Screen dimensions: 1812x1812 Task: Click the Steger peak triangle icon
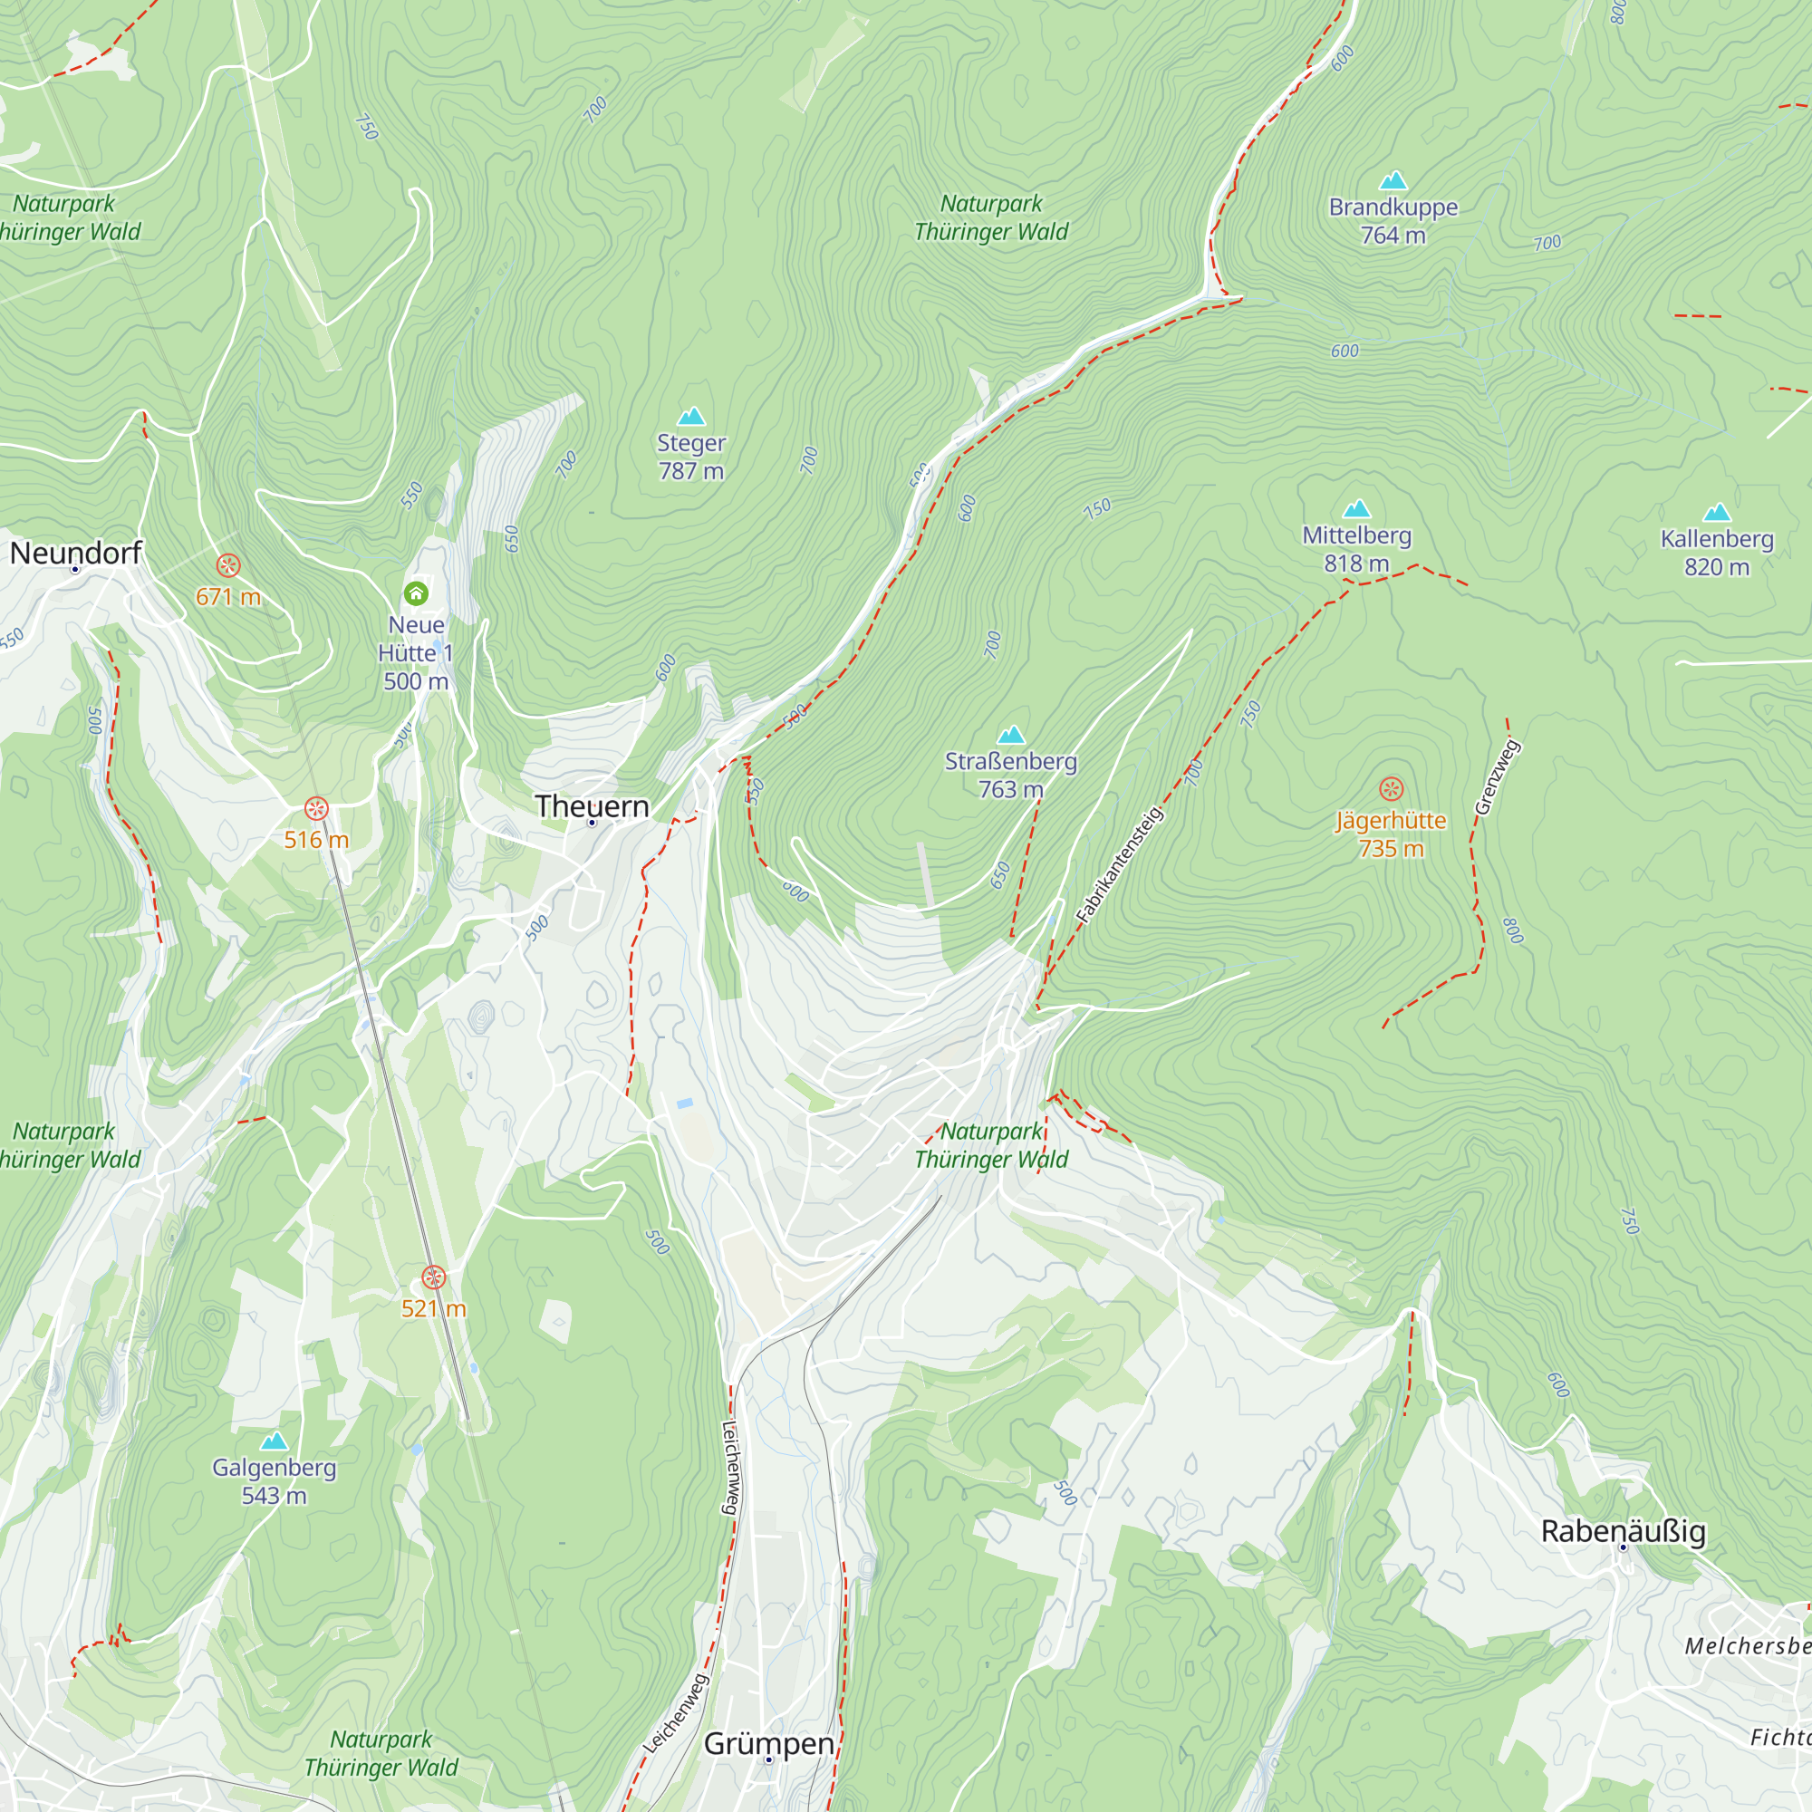click(x=691, y=416)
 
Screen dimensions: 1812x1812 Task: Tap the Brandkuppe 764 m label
click(x=1393, y=220)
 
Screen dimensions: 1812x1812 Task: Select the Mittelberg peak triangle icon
click(x=1356, y=508)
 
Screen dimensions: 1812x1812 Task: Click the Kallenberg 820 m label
click(x=1716, y=553)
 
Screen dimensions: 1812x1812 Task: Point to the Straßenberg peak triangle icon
click(x=1010, y=735)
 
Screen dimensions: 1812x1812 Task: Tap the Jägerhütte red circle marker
click(x=1391, y=789)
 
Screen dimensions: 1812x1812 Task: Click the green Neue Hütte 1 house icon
click(x=416, y=593)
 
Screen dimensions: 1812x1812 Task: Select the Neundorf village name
click(x=75, y=553)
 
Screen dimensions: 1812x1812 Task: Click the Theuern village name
click(x=592, y=805)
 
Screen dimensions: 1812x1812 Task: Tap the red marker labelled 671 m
click(x=228, y=564)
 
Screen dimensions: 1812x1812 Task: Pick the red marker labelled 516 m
click(x=316, y=807)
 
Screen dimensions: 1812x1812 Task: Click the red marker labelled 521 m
click(x=432, y=1277)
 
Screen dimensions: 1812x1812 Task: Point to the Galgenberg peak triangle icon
click(x=274, y=1441)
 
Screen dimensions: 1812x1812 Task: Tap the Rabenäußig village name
click(x=1624, y=1530)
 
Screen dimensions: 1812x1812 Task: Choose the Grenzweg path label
click(x=1497, y=777)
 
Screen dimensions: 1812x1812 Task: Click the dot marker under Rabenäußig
click(x=1624, y=1547)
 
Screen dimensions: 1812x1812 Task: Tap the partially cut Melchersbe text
click(x=1747, y=1646)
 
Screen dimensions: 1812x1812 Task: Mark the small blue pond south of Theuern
click(x=686, y=1104)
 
